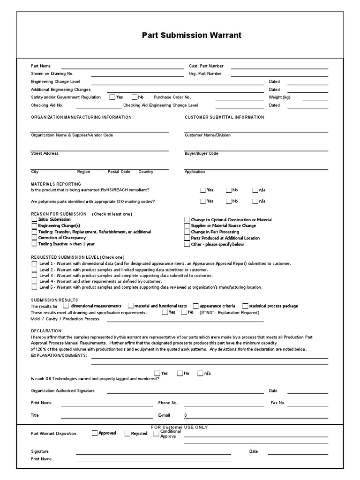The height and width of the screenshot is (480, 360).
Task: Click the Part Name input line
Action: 122,68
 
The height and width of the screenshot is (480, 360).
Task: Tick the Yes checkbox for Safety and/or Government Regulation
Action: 112,97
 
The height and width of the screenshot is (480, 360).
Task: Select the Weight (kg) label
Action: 279,97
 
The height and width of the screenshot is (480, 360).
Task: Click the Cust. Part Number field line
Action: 279,68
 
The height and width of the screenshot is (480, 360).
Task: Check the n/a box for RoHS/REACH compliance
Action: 255,190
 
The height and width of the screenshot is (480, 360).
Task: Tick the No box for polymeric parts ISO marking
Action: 228,202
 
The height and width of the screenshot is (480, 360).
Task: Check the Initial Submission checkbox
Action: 34,219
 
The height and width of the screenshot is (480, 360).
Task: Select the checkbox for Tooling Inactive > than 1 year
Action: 34,244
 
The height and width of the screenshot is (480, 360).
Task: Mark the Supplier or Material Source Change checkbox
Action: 187,225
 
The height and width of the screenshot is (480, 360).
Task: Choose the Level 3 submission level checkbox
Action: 34,276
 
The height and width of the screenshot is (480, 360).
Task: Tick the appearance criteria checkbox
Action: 196,306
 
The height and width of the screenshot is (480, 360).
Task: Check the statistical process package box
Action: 245,306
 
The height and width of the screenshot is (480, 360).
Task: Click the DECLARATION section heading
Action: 46,330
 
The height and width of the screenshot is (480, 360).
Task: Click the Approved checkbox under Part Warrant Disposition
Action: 95,433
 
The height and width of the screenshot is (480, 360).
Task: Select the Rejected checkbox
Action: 127,434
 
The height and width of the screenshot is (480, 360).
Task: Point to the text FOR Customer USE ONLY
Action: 180,427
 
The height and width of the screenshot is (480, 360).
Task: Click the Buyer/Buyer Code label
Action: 202,153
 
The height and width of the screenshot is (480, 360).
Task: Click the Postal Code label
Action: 119,172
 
